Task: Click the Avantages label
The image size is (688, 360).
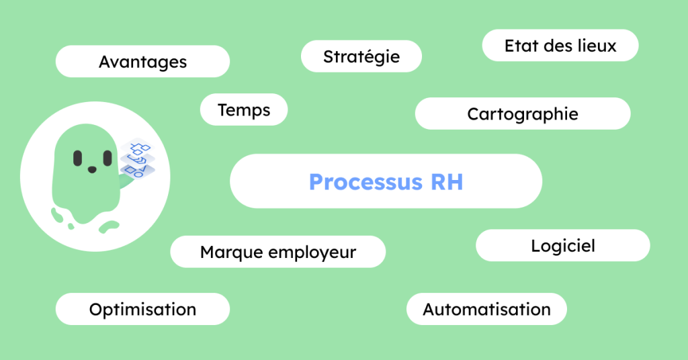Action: click(142, 62)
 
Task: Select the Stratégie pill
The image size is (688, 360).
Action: click(361, 56)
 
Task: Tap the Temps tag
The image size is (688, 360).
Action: click(244, 109)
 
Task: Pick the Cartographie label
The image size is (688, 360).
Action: click(522, 114)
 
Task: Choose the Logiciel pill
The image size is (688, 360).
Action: click(562, 246)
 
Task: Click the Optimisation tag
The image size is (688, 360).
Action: click(142, 309)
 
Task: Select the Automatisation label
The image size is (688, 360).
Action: click(486, 309)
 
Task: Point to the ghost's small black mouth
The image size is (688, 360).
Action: click(92, 169)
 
